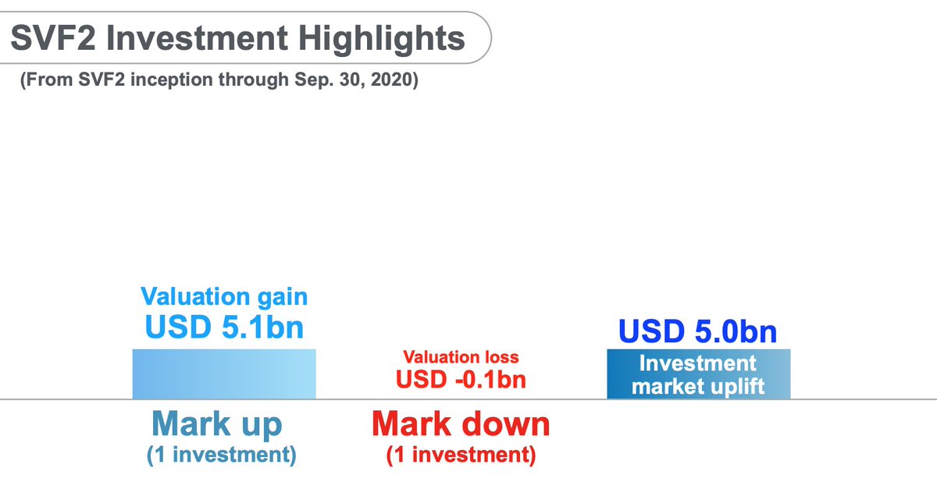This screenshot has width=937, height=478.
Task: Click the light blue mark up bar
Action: [224, 374]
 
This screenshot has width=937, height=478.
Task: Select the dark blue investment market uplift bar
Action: [699, 374]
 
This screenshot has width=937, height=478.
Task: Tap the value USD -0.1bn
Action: [461, 380]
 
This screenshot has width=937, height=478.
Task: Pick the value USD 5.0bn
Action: [698, 331]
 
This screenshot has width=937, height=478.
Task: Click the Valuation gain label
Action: [224, 296]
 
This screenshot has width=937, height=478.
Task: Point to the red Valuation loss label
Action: [461, 357]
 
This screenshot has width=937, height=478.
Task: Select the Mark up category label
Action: [217, 424]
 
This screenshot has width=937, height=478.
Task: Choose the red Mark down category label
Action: [461, 424]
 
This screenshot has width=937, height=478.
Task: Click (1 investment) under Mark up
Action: [221, 455]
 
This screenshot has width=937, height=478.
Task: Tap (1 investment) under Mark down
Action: [461, 455]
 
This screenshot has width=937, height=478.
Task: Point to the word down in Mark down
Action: [508, 424]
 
